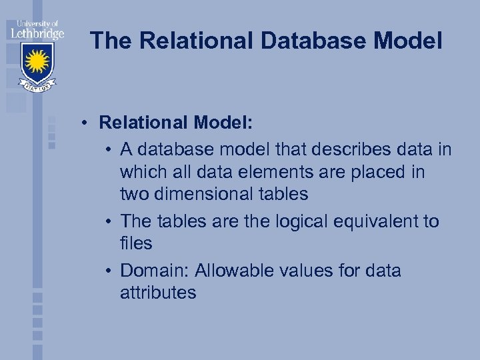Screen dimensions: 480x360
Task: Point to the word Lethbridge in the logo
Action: click(x=37, y=31)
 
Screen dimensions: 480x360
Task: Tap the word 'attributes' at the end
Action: click(x=158, y=293)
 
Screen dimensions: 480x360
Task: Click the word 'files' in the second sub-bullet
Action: click(x=136, y=243)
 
